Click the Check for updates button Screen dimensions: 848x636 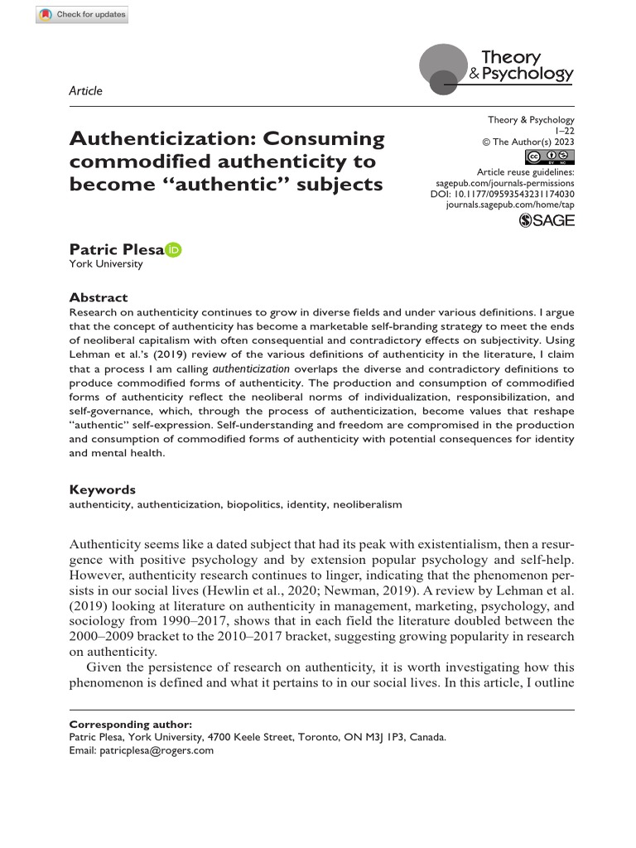point(83,15)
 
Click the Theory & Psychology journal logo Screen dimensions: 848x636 point(497,66)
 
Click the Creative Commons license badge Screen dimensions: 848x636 point(550,157)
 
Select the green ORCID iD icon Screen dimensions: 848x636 point(173,249)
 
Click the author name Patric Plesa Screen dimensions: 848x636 point(116,249)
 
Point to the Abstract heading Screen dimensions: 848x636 point(98,297)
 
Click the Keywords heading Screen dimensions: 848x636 point(102,489)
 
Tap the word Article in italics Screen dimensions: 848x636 point(86,91)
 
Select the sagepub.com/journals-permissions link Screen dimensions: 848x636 point(504,180)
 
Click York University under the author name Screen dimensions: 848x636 point(105,264)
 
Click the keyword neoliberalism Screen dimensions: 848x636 point(367,503)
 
